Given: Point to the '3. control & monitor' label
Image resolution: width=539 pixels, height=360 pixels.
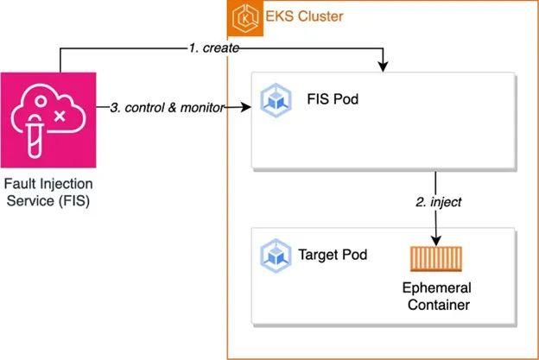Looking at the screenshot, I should [167, 108].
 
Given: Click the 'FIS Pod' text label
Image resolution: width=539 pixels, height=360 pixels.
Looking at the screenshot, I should [333, 99].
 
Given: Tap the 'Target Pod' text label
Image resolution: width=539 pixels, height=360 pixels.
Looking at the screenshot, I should [333, 255].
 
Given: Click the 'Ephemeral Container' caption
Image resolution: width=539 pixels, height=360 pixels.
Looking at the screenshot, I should [436, 295].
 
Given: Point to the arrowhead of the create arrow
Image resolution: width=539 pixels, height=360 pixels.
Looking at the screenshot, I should [383, 66].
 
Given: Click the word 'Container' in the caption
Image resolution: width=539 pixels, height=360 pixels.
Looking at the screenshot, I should [436, 303].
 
